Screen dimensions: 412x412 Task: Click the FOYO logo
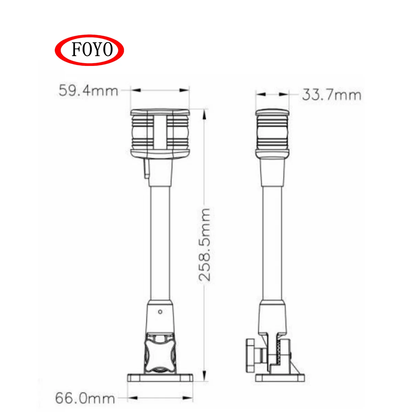(89, 50)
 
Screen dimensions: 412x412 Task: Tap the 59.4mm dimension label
(88, 91)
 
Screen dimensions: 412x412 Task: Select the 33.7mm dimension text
(332, 95)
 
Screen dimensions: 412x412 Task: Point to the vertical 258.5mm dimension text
(205, 244)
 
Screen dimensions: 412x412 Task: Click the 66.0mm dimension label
(85, 398)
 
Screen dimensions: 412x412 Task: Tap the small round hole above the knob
(160, 311)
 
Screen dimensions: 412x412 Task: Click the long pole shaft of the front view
(160, 244)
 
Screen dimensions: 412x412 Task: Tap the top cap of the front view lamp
(160, 112)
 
